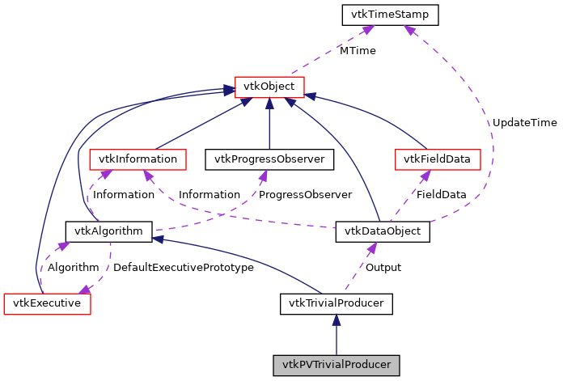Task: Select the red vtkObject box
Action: point(269,87)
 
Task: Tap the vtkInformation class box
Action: point(138,159)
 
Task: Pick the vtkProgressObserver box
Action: point(269,159)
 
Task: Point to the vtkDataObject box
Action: point(382,231)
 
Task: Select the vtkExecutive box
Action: point(47,303)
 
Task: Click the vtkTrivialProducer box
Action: point(336,303)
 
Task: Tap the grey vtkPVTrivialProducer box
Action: point(336,365)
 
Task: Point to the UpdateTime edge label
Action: point(525,123)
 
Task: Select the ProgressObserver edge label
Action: point(307,195)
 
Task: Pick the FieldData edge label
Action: point(440,195)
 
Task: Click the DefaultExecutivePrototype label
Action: point(184,267)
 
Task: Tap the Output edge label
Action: point(383,267)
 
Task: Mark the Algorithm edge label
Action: point(73,267)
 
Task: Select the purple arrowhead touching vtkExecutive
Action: point(83,290)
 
